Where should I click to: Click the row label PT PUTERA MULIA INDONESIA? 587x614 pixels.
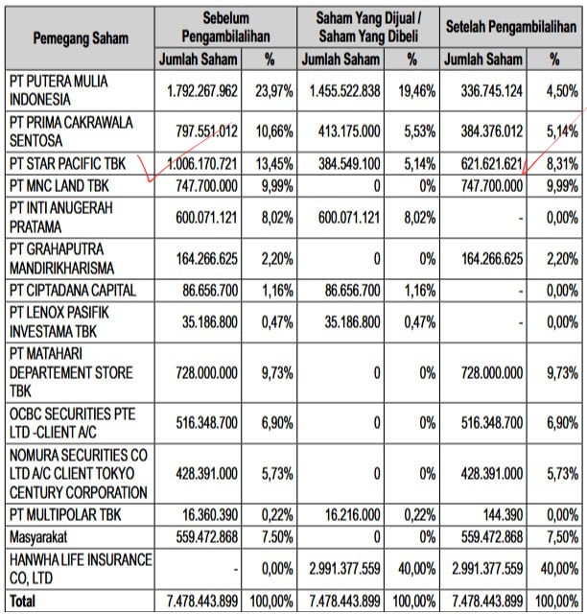tap(59, 90)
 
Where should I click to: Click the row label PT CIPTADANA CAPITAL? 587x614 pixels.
tap(73, 289)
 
